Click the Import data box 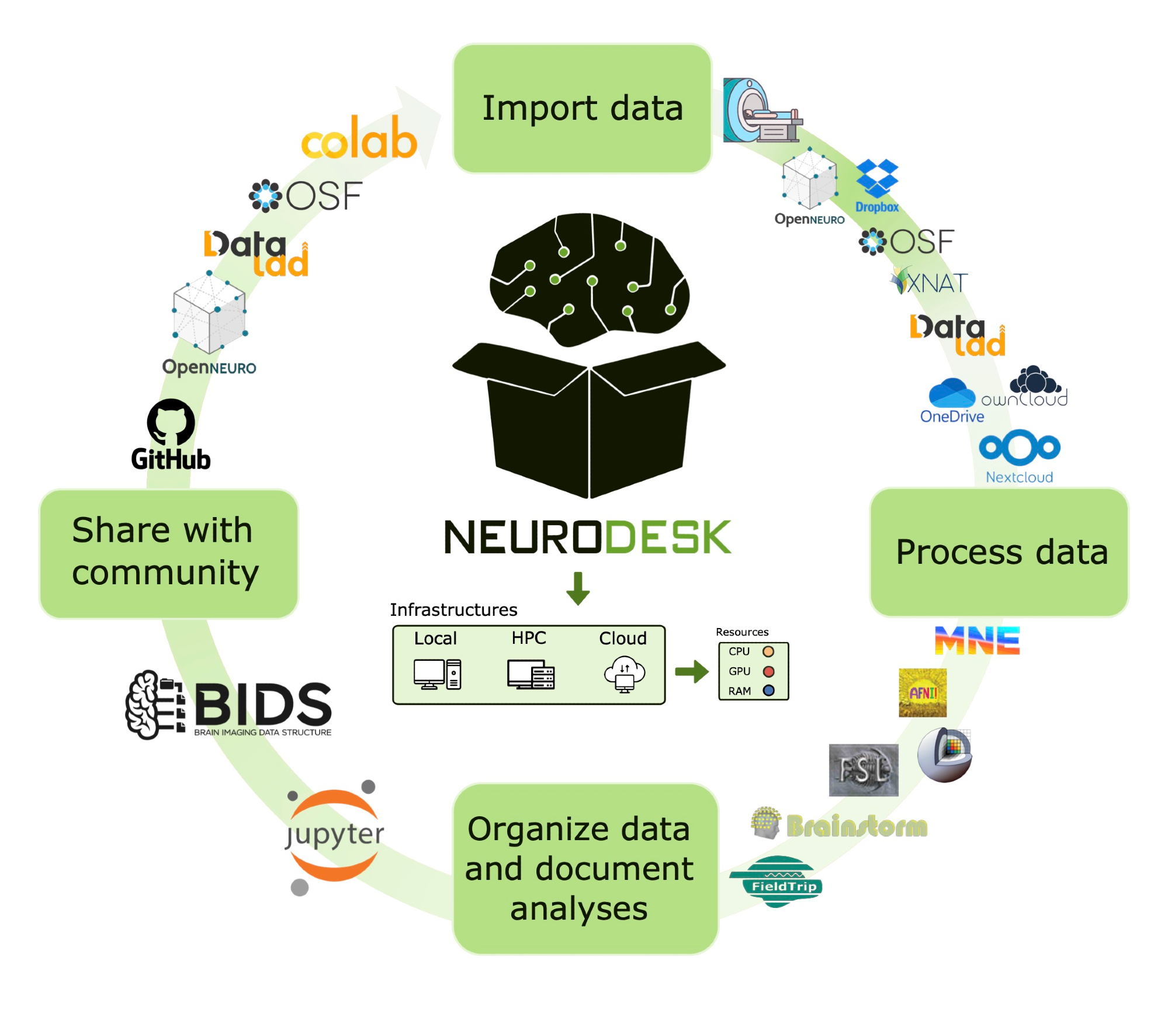click(x=582, y=109)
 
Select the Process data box click(x=999, y=552)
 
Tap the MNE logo click(x=977, y=641)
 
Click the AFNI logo click(x=922, y=693)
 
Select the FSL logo click(x=863, y=770)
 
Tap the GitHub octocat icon click(x=171, y=422)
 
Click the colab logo click(x=359, y=139)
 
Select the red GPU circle click(x=768, y=671)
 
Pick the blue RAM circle click(x=768, y=691)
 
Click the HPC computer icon click(x=530, y=674)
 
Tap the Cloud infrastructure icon click(x=624, y=674)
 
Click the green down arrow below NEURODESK click(x=578, y=588)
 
